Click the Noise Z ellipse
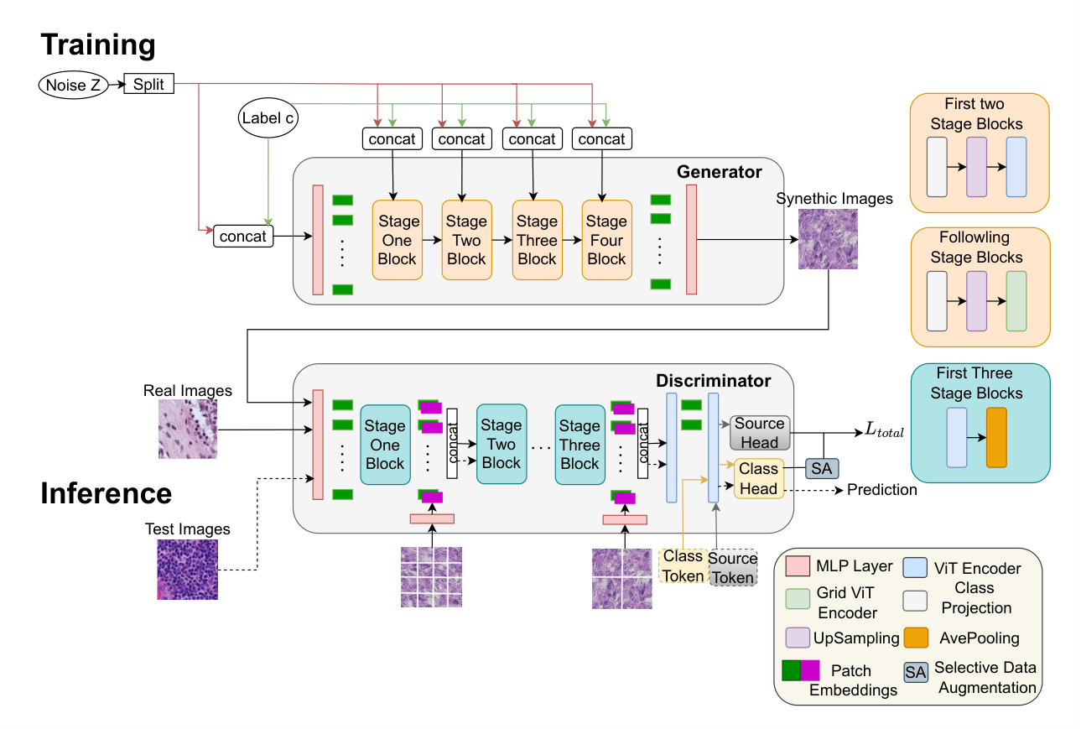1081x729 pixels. point(73,85)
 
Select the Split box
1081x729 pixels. point(148,84)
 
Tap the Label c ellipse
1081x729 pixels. point(268,117)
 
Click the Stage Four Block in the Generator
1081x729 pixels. point(606,240)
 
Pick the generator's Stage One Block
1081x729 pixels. point(398,240)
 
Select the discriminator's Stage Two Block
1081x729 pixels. point(502,444)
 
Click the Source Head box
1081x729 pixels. point(760,433)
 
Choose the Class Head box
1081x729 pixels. point(759,478)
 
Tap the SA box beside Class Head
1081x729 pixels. point(822,468)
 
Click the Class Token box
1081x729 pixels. point(683,565)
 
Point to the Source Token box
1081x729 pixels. point(733,568)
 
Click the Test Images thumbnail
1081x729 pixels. point(187,570)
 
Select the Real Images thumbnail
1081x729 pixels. point(188,430)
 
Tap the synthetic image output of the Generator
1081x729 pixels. point(828,239)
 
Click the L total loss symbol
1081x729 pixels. point(884,430)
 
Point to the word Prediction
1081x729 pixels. point(881,490)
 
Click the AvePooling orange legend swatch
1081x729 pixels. point(916,638)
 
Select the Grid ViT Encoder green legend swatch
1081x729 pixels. point(798,599)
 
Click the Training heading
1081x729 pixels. point(98,45)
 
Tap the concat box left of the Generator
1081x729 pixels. point(243,237)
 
